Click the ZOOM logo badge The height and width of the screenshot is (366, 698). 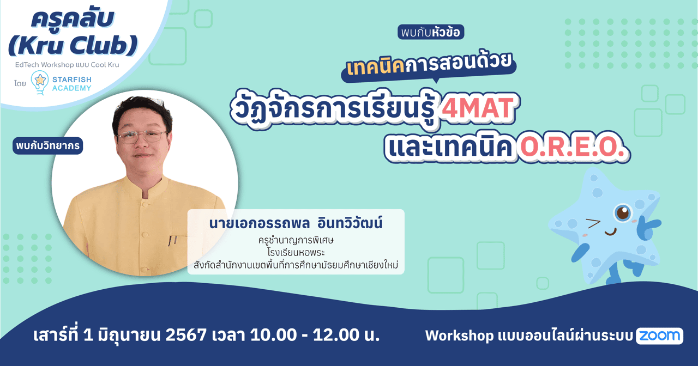pos(659,336)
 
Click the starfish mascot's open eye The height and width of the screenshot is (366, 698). pos(622,213)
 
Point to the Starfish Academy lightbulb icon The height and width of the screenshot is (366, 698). pos(39,83)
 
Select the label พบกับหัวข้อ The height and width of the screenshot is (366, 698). pos(430,33)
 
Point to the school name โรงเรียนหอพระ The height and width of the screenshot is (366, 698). pos(296,253)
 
